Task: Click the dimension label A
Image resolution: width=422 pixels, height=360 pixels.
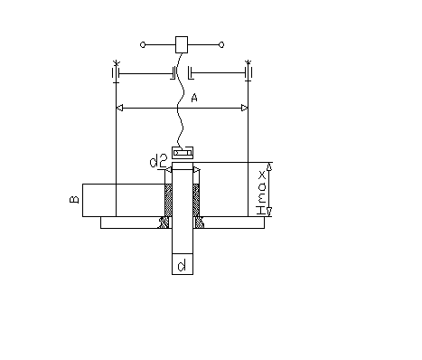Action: [x=194, y=98]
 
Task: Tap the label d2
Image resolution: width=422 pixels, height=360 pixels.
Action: [x=158, y=161]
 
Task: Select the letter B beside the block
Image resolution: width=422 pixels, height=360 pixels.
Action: [x=74, y=199]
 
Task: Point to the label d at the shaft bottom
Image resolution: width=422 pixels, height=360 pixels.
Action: [x=182, y=265]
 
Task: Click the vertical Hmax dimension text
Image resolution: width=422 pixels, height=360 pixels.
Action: [x=261, y=193]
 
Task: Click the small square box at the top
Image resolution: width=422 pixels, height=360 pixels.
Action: [x=182, y=45]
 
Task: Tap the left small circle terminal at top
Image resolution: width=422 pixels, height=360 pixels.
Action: [x=143, y=45]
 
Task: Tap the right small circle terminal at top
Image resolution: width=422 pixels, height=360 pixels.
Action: [x=221, y=45]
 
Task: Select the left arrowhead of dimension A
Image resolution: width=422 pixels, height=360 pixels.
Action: [x=119, y=108]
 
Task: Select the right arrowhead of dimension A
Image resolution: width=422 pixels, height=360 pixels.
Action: [x=245, y=108]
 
